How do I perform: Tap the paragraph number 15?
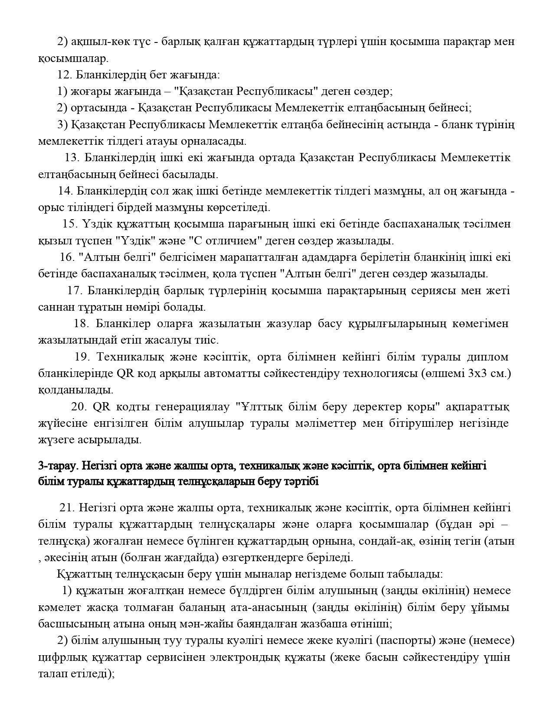[69, 224]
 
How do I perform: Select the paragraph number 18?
[81, 324]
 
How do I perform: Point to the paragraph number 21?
[67, 507]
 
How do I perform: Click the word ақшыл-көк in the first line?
[92, 42]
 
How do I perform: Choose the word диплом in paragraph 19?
[488, 357]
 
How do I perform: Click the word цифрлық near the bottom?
[63, 657]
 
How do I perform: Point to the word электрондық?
[245, 657]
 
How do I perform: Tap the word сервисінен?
[176, 657]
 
